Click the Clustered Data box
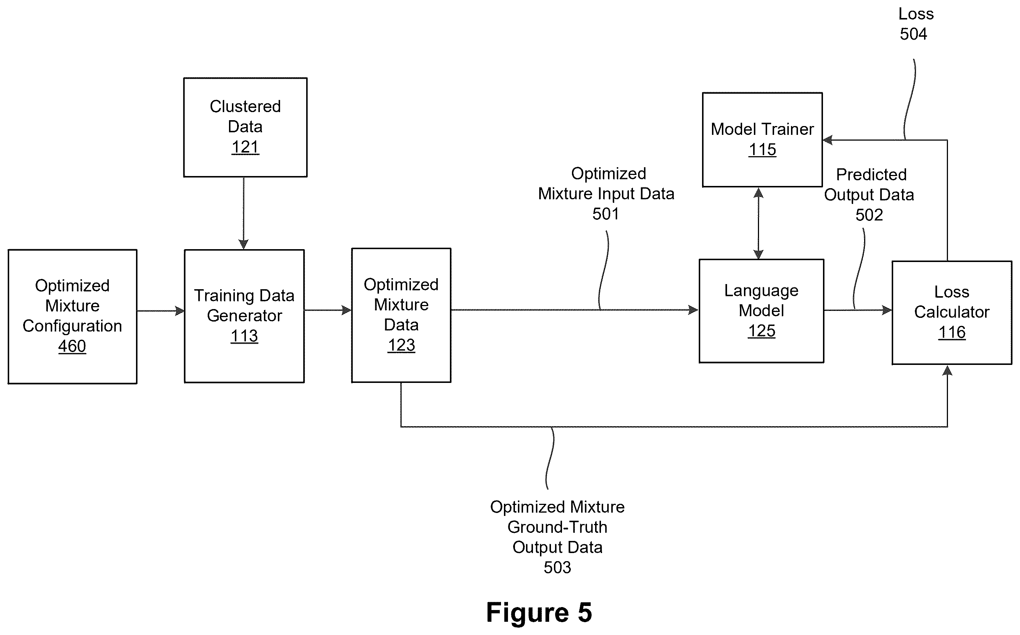pos(245,127)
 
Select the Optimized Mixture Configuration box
pos(72,317)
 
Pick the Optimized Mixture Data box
pos(401,315)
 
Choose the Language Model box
pos(761,311)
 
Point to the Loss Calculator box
pos(952,313)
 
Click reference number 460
pos(72,347)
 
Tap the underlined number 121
pos(245,147)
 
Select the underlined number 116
pos(952,333)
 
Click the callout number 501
pos(606,214)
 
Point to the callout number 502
pos(869,215)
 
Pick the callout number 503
pos(558,568)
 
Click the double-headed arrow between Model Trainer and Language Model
pos(758,223)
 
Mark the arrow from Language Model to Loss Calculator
pos(858,311)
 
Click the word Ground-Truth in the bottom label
pos(558,527)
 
